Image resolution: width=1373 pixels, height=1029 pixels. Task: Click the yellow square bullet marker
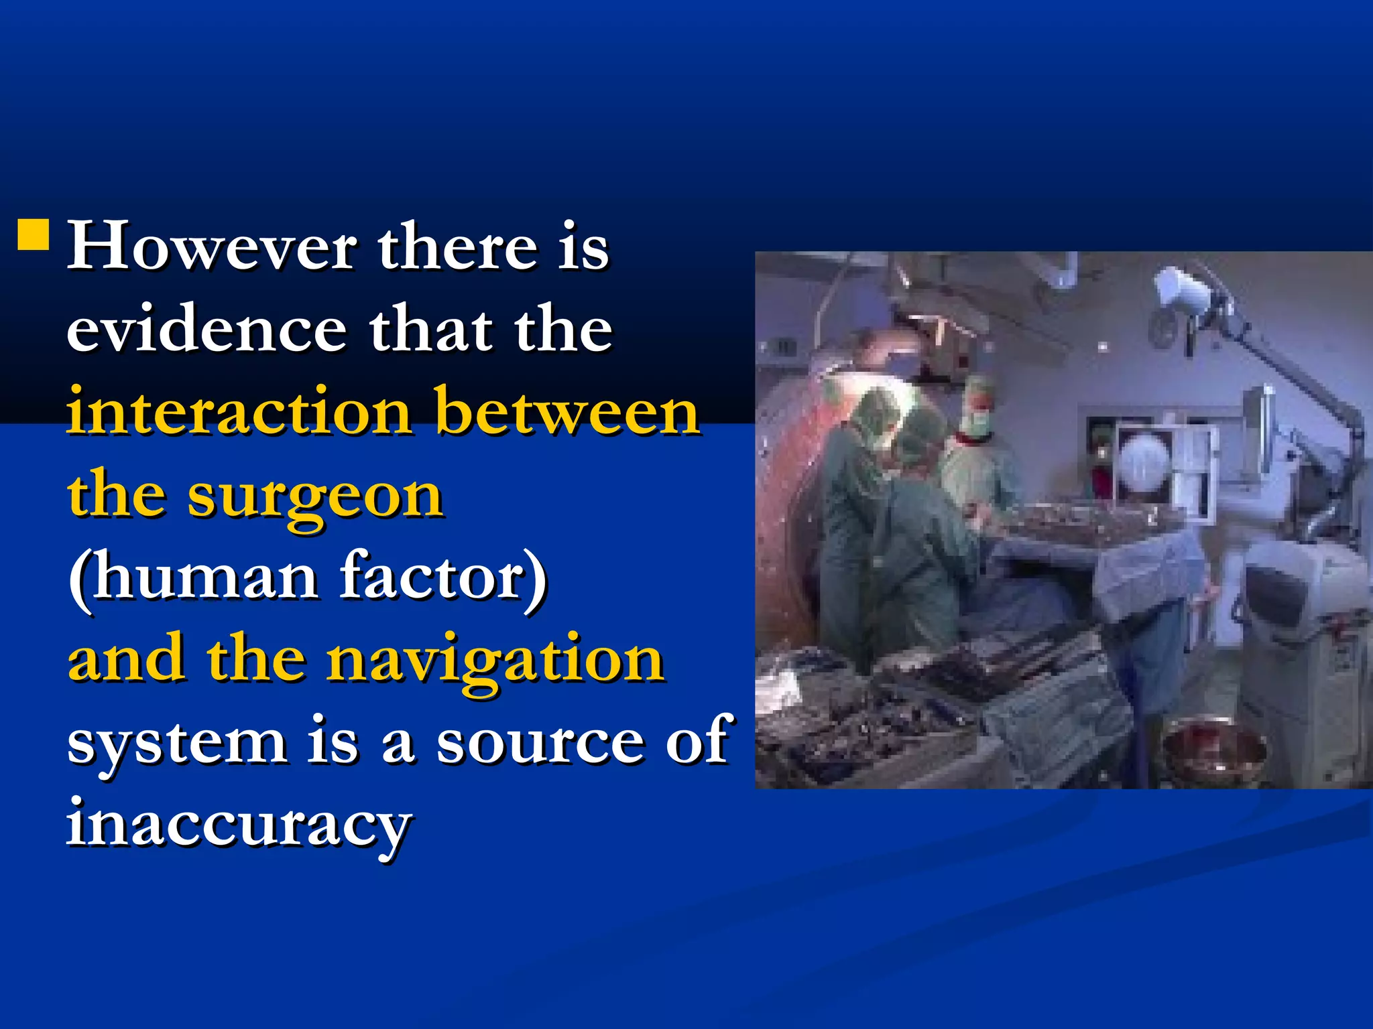(x=34, y=234)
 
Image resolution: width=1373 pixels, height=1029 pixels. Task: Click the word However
(x=212, y=247)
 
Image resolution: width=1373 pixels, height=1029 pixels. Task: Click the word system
(x=176, y=744)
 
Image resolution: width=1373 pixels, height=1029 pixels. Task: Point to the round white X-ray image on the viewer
(x=1144, y=462)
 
